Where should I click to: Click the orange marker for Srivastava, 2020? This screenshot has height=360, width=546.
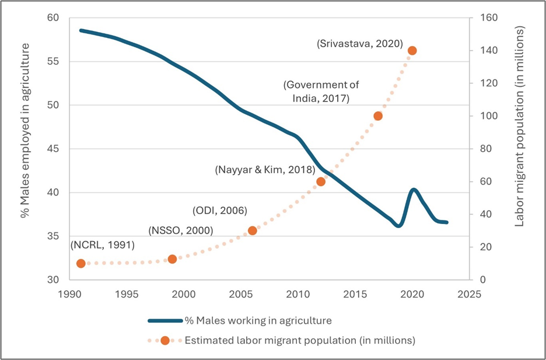(412, 51)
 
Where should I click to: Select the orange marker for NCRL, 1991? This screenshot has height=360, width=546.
(81, 264)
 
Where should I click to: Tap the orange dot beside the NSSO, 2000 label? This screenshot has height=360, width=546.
(172, 259)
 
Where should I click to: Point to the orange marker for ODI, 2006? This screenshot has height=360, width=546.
(252, 230)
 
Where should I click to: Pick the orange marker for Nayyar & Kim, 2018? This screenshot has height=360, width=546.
(320, 181)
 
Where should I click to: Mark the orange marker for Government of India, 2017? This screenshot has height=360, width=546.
(377, 116)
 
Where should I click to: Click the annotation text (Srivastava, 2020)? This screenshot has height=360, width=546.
(359, 44)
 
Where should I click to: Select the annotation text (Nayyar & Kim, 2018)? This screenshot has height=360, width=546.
(265, 170)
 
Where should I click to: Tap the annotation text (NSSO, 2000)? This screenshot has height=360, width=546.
(180, 230)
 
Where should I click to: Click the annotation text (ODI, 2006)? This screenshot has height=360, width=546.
(220, 210)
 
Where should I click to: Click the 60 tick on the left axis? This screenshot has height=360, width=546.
(53, 18)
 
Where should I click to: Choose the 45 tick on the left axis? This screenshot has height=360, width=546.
(53, 149)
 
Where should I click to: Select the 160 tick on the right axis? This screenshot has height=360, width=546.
(486, 18)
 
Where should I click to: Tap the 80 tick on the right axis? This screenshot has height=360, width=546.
(484, 149)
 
